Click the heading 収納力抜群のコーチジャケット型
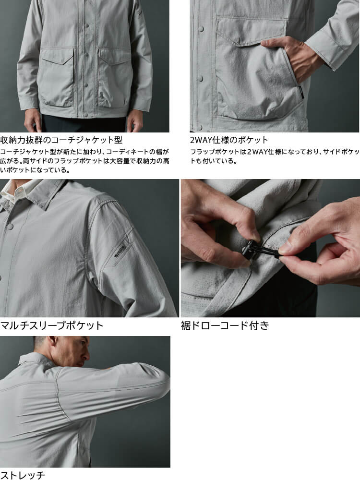click(x=61, y=140)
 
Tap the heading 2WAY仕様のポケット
click(x=229, y=140)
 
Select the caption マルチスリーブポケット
click(x=52, y=325)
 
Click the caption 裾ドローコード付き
click(x=225, y=325)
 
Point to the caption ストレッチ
click(x=23, y=475)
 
